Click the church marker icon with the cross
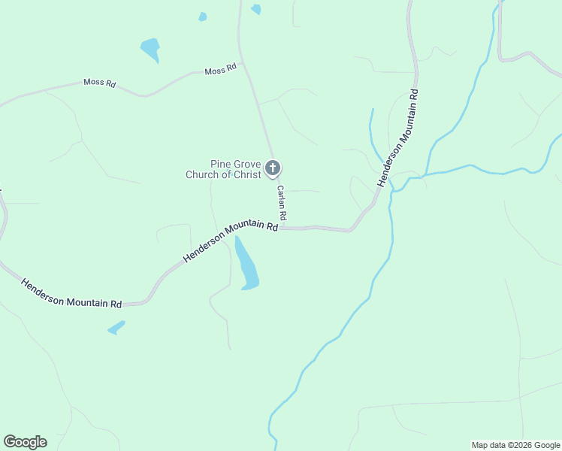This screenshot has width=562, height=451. pos(273,168)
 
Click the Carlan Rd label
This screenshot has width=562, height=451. pos(282,203)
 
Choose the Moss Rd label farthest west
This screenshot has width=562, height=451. pos(99,83)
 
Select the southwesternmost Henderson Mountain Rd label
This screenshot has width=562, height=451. pos(71,294)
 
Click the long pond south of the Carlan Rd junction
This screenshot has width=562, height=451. pos(246,265)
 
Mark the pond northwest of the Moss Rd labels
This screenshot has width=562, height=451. pos(150,50)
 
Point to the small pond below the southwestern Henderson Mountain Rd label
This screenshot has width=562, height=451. pos(116,328)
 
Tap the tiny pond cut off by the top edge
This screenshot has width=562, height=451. pos(256,9)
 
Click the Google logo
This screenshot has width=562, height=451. pos(25,442)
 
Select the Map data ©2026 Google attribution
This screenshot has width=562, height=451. pos(516,445)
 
